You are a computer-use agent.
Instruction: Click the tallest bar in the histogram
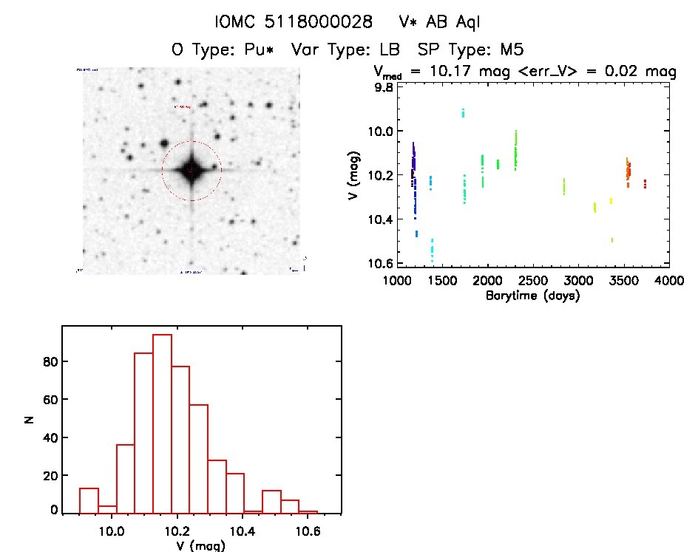[x=162, y=423]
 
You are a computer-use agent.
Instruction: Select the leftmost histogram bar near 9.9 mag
[x=89, y=500]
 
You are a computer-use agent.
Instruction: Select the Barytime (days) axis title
[x=532, y=296]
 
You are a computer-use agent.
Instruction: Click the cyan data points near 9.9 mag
[x=463, y=112]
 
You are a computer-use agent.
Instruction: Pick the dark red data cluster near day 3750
[x=645, y=183]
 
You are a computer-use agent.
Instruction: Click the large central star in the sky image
[x=191, y=171]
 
